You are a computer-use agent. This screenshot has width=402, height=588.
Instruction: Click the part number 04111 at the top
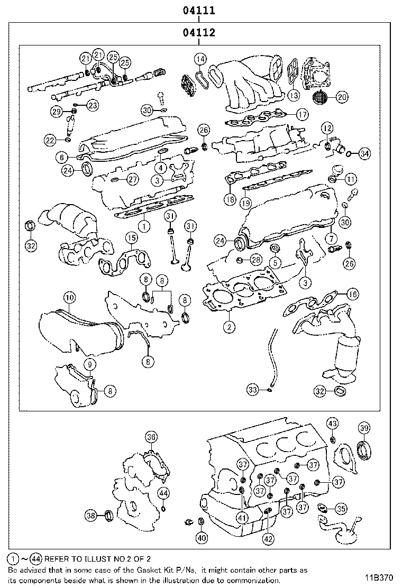(199, 10)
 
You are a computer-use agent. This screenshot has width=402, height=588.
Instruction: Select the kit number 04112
(199, 33)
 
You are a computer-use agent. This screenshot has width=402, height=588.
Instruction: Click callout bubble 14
(199, 59)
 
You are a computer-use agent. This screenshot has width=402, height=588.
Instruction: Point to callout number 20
(342, 96)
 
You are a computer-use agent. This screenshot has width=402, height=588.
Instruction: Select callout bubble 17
(301, 114)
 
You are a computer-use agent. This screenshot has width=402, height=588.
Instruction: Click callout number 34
(364, 154)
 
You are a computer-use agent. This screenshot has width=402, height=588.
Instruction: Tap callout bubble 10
(69, 298)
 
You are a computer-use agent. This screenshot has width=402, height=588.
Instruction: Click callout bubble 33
(253, 390)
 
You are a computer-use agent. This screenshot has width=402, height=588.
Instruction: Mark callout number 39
(364, 428)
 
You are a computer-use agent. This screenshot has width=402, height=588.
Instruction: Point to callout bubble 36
(151, 437)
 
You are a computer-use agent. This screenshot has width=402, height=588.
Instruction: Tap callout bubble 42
(269, 539)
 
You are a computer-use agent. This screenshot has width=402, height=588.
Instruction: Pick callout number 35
(341, 509)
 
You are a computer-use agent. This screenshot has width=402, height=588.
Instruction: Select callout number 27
(132, 180)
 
